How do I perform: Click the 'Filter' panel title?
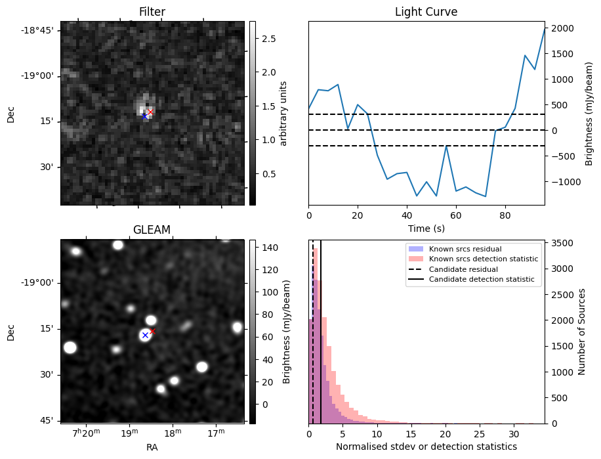(152, 12)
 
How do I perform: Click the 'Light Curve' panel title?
(426, 12)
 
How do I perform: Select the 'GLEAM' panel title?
(152, 230)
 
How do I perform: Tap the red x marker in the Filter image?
(150, 112)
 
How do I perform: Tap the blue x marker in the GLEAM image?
(145, 335)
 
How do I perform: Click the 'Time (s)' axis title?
(426, 227)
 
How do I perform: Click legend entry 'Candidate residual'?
(463, 270)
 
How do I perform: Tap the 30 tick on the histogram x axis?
(514, 434)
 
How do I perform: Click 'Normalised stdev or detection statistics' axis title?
(426, 447)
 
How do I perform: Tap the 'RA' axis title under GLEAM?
(152, 447)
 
